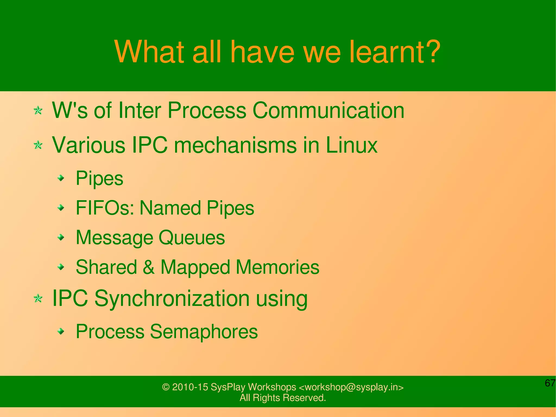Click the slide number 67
pos(550,383)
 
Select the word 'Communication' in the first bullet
pos(328,111)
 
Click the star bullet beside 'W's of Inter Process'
pos(38,111)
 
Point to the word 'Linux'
pos(351,145)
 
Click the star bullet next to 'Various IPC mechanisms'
pos(38,145)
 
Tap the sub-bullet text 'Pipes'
pos(99,179)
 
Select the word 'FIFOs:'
pos(105,208)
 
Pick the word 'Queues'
pos(192,238)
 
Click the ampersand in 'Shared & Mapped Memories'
pos(149,267)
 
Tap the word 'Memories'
pos(277,267)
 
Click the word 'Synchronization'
pos(172,299)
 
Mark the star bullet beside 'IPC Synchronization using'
pos(38,299)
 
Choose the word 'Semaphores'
pos(204,332)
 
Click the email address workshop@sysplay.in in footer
pos(351,387)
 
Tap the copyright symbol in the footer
pos(166,387)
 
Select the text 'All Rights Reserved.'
pos(283,398)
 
